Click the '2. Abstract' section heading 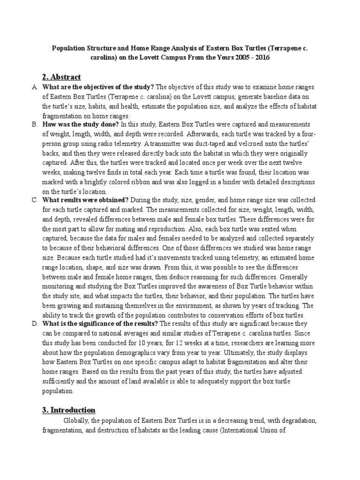61,76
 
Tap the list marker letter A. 34,87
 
